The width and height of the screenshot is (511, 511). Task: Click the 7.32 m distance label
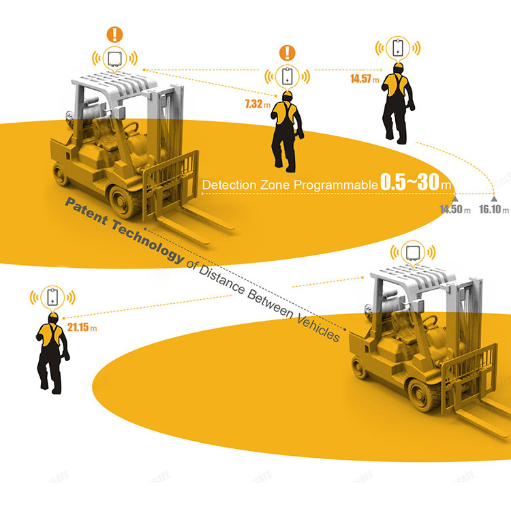click(x=258, y=104)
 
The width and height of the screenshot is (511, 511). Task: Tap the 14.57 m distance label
click(x=365, y=79)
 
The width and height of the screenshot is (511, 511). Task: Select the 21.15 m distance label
click(x=82, y=327)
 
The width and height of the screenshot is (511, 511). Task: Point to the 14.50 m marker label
click(x=455, y=209)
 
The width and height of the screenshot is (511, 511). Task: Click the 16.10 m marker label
click(x=494, y=209)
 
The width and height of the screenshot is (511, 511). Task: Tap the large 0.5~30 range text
click(x=410, y=182)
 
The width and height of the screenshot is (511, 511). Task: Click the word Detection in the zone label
click(x=230, y=185)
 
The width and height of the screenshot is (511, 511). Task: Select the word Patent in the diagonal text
click(x=87, y=211)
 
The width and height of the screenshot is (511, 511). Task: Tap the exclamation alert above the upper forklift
click(x=114, y=35)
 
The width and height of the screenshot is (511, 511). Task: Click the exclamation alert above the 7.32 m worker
click(x=287, y=52)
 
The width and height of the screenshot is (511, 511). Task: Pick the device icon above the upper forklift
click(x=114, y=59)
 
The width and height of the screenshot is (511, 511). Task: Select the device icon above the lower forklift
click(x=413, y=253)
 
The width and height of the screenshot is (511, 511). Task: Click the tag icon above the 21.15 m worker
click(x=52, y=297)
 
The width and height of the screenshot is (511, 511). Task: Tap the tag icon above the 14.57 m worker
click(x=398, y=48)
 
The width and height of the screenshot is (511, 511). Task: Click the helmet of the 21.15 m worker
click(x=52, y=317)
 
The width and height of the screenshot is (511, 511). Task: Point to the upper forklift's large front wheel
click(x=122, y=202)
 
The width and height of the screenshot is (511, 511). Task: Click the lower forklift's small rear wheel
click(x=360, y=367)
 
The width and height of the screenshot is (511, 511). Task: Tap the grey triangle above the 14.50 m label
click(x=455, y=199)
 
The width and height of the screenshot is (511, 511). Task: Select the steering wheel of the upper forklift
click(x=130, y=128)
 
